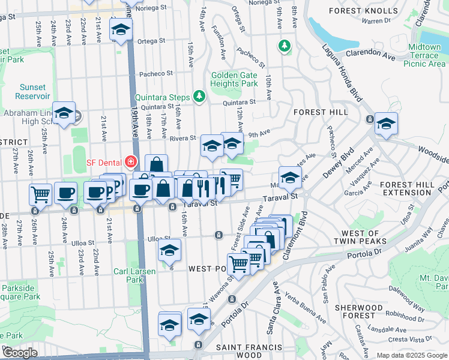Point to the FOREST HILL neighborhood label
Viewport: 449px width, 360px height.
click(321, 112)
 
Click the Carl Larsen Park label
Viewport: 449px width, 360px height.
click(135, 275)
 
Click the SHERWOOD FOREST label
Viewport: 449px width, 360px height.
click(359, 311)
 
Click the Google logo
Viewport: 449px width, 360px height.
click(20, 353)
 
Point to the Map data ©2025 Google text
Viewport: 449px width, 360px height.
click(411, 355)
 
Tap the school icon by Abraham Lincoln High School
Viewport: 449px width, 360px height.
click(64, 113)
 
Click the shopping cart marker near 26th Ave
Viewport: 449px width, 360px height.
click(40, 194)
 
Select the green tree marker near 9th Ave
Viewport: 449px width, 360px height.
click(284, 46)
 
